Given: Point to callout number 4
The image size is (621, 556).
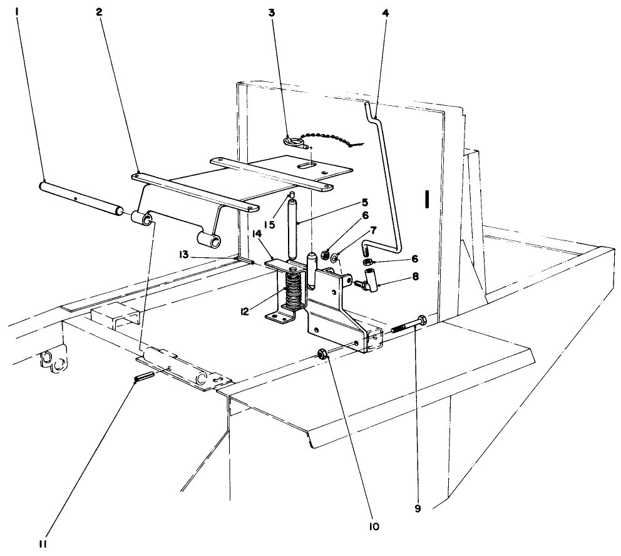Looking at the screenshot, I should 384,11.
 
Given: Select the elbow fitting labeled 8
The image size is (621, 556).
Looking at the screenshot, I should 372,275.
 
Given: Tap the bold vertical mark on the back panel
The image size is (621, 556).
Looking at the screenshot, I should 426,199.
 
